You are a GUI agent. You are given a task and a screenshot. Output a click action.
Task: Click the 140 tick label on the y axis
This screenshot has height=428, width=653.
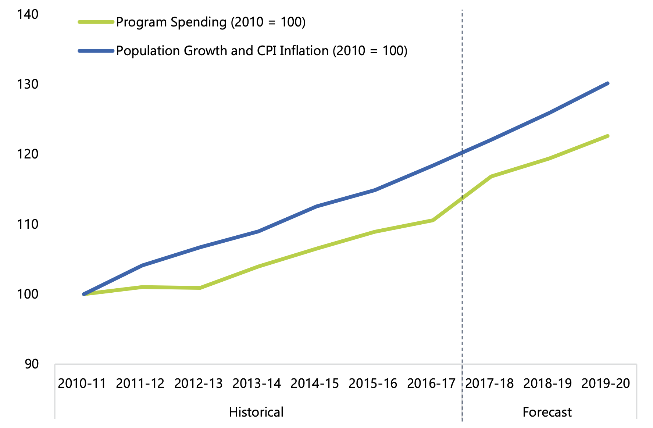click(28, 14)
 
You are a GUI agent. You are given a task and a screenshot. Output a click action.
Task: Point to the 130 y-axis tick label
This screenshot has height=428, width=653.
click(28, 84)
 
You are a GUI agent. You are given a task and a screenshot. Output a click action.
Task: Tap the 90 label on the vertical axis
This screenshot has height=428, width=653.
click(32, 364)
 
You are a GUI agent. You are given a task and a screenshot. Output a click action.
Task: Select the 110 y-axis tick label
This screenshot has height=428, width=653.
click(28, 224)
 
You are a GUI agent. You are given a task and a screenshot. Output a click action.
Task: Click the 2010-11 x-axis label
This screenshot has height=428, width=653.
click(82, 384)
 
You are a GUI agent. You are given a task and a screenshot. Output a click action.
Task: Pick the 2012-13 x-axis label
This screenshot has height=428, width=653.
click(199, 384)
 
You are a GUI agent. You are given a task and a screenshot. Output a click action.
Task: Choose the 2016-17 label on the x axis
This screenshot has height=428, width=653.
click(431, 384)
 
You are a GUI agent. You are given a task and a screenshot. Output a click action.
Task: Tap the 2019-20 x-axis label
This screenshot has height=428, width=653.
click(606, 384)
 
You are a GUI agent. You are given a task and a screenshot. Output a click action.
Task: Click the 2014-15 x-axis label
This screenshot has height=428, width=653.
click(315, 384)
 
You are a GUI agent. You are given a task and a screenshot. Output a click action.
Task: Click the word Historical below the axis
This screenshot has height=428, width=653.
click(256, 412)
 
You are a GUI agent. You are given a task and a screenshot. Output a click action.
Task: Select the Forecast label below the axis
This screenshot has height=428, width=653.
click(547, 412)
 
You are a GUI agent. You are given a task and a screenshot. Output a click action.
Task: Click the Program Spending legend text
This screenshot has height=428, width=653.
click(211, 22)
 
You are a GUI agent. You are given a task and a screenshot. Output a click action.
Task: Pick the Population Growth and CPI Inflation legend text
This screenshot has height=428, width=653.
click(261, 51)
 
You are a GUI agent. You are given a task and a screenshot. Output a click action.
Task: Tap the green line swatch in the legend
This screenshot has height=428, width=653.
click(96, 22)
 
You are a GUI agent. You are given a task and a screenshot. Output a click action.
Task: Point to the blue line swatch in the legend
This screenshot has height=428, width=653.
click(96, 51)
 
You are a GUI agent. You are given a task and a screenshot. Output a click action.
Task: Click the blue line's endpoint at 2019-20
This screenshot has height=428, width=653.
click(608, 83)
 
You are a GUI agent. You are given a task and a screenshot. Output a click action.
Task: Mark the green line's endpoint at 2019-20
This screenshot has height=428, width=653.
click(608, 136)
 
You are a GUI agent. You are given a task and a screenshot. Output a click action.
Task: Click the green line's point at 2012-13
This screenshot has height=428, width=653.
click(200, 288)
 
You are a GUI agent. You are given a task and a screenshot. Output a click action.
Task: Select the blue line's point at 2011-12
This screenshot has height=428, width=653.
click(142, 265)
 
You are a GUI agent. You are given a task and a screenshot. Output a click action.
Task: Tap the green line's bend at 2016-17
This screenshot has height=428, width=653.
click(433, 220)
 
